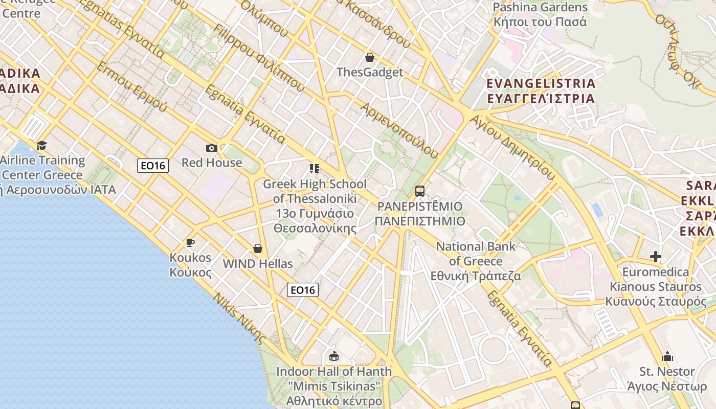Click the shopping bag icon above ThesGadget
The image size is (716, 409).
[x=369, y=57]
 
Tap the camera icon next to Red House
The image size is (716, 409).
[x=211, y=148]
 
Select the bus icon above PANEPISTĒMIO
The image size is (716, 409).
[x=419, y=191]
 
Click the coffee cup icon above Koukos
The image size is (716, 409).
[x=190, y=242]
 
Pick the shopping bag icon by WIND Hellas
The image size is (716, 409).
[x=258, y=248]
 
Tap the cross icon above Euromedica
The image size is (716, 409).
[x=655, y=256]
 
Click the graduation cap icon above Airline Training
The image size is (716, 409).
[x=41, y=146]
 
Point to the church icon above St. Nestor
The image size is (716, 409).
[x=667, y=356]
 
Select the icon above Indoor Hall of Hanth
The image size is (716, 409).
[x=334, y=356]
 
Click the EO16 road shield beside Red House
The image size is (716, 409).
[x=153, y=165]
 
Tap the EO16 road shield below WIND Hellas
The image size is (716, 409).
[x=303, y=290]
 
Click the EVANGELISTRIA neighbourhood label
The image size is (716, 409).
[x=541, y=90]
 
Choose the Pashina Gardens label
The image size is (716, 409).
[x=540, y=15]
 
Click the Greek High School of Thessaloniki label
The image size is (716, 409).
[x=315, y=206]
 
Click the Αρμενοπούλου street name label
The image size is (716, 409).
[x=399, y=130]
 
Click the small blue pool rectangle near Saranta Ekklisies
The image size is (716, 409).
[x=596, y=210]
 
